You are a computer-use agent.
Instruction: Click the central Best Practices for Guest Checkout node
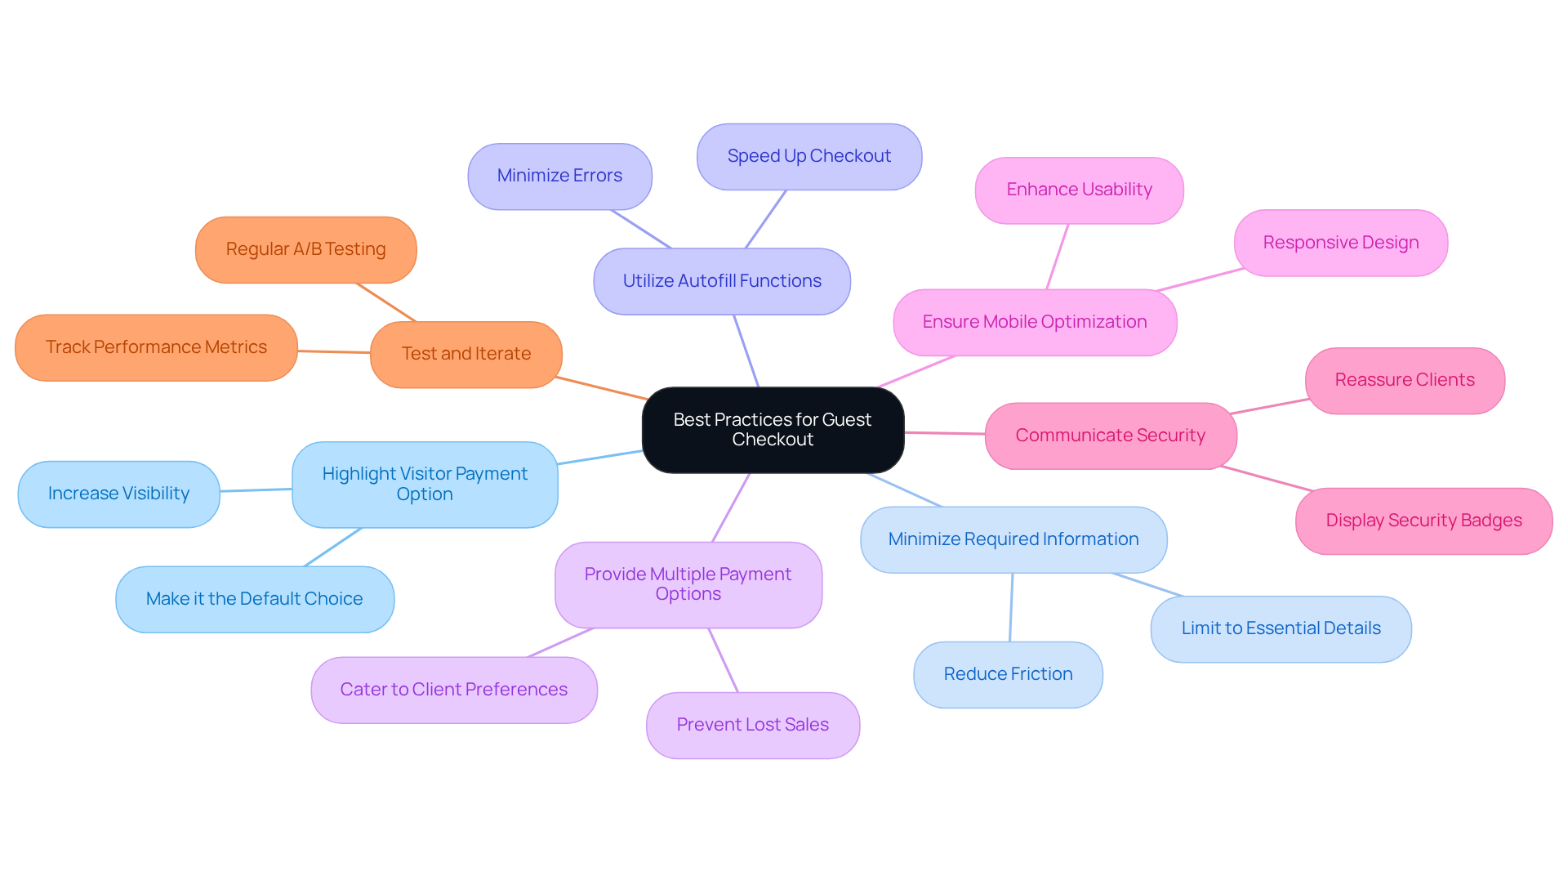[x=773, y=430]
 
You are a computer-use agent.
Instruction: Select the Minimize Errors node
[x=559, y=176]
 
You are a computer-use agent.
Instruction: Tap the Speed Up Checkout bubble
[x=808, y=156]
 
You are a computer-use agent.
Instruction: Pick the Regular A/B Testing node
[x=305, y=249]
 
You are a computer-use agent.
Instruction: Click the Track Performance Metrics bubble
[x=156, y=347]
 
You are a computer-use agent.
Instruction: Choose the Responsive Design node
[x=1340, y=243]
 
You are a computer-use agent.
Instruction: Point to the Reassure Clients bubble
[x=1404, y=380]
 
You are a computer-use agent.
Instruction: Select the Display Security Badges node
[x=1423, y=521]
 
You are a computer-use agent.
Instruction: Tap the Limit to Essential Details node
[x=1280, y=628]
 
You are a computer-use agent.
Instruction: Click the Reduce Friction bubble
[x=1008, y=674]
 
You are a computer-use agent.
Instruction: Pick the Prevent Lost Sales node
[x=752, y=725]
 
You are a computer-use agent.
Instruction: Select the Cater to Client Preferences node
[x=453, y=690]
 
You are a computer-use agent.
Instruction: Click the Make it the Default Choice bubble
[x=254, y=599]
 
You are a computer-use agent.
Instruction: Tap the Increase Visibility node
[x=118, y=494]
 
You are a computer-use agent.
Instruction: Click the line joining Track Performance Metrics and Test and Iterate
[x=334, y=351]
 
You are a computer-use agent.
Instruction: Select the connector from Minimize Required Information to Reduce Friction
[x=1011, y=607]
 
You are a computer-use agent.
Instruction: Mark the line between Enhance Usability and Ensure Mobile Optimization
[x=1058, y=257]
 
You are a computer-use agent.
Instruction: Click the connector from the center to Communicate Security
[x=945, y=433]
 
